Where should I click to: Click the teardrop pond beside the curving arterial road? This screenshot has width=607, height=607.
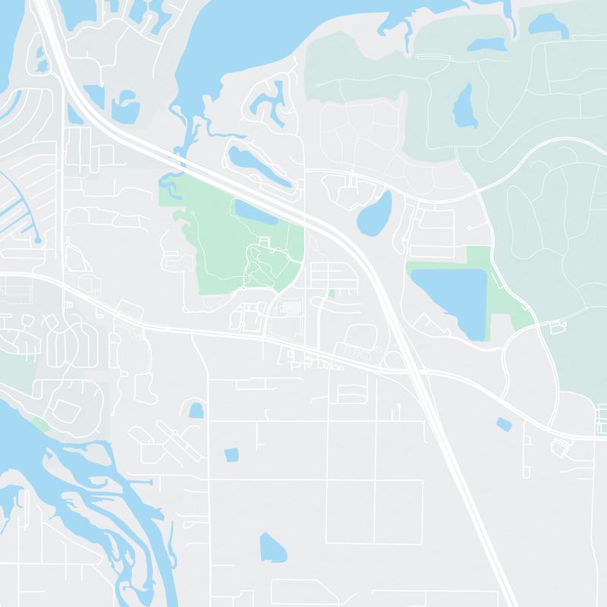(375, 214)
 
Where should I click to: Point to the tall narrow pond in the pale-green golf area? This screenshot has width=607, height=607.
(462, 106)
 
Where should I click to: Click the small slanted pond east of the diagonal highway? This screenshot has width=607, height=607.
(502, 424)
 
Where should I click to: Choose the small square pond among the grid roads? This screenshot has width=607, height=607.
(231, 454)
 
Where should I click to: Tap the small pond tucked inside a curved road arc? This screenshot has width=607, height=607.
(197, 410)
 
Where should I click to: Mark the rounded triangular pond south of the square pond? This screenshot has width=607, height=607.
(272, 547)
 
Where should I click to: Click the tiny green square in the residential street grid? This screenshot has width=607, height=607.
(332, 293)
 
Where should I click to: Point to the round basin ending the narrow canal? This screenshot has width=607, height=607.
(38, 240)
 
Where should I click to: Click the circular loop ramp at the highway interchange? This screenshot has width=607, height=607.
(392, 360)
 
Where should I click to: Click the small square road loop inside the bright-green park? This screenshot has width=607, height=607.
(263, 241)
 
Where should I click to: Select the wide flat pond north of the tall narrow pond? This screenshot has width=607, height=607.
(486, 45)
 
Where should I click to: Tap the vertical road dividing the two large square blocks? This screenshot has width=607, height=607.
(376, 511)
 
